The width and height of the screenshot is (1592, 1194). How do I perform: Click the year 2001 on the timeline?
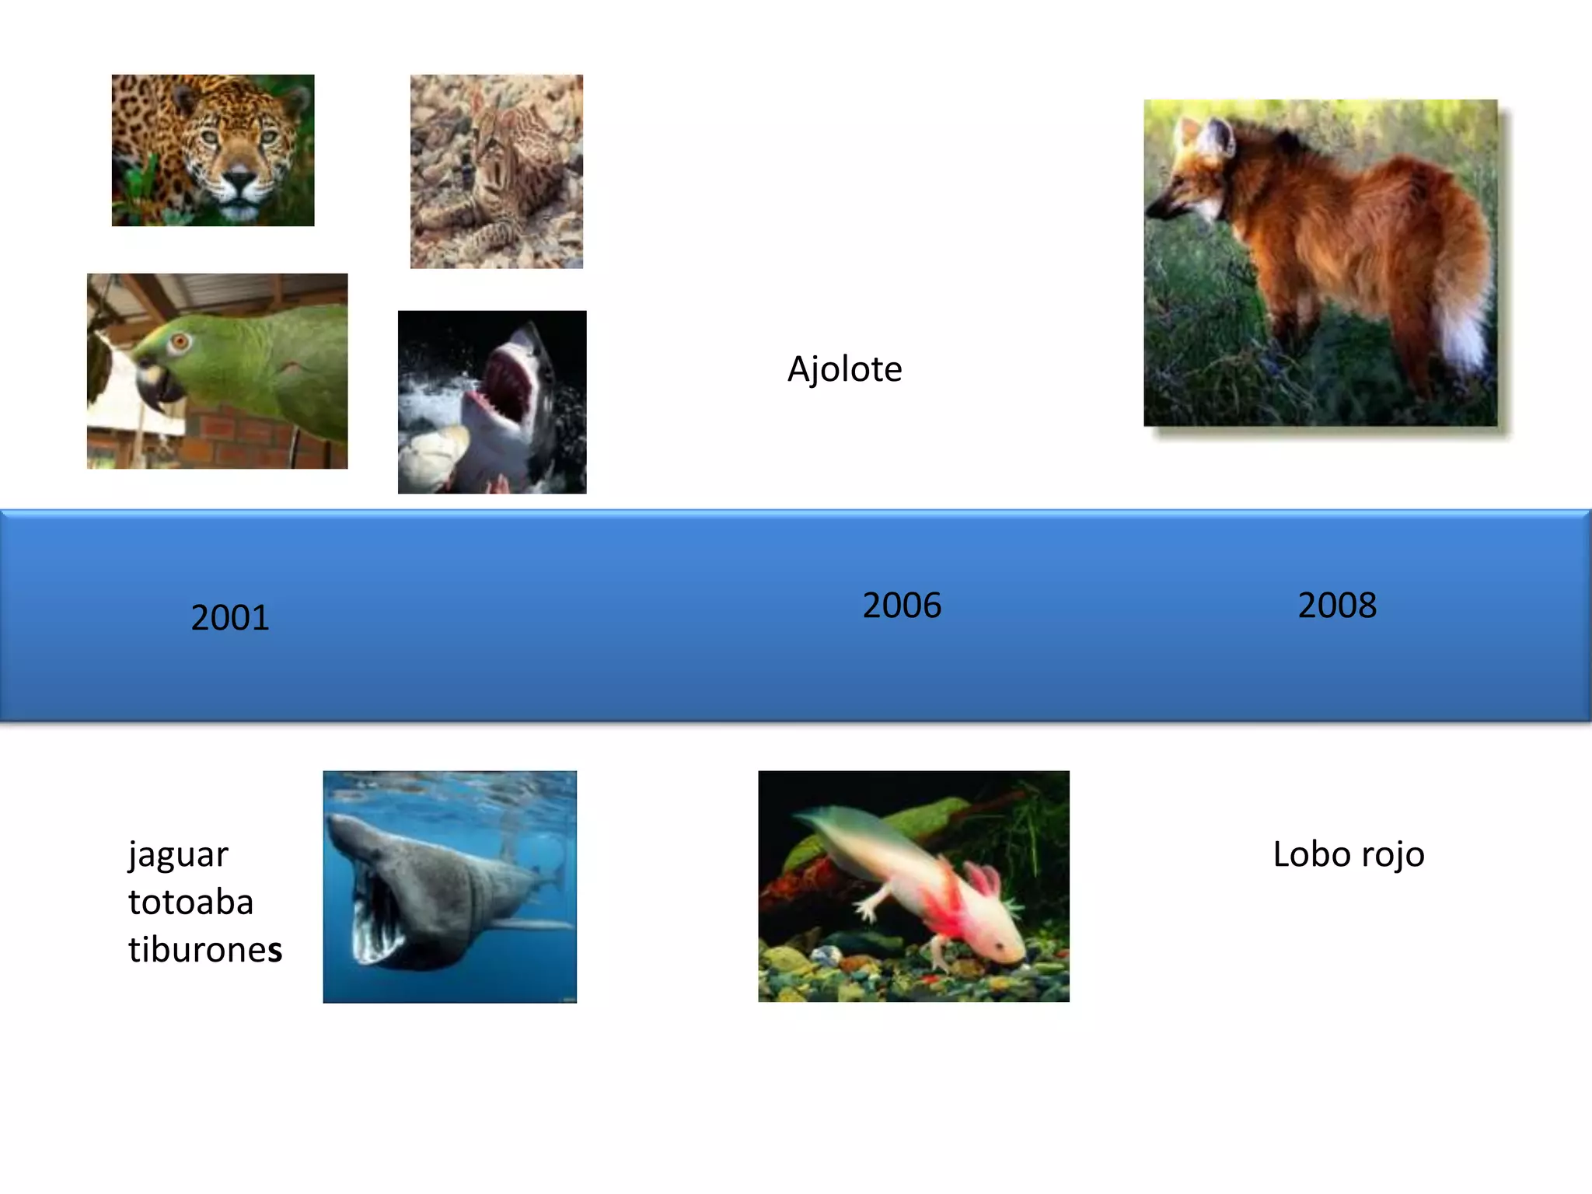tap(230, 618)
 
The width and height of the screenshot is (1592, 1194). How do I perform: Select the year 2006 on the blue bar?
tap(902, 606)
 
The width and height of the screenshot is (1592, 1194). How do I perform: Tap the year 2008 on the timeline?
tap(1337, 606)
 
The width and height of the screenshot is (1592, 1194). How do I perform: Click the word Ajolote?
tap(844, 369)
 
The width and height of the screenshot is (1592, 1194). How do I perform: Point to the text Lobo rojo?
tap(1348, 854)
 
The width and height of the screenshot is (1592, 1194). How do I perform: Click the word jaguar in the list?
tap(178, 855)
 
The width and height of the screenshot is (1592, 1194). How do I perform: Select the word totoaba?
tap(190, 902)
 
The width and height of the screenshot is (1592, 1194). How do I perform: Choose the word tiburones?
tap(205, 950)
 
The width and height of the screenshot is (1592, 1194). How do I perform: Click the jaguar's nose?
tap(239, 180)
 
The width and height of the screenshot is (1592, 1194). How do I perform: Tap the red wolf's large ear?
tap(1217, 140)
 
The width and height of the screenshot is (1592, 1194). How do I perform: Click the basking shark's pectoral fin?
tap(529, 925)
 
